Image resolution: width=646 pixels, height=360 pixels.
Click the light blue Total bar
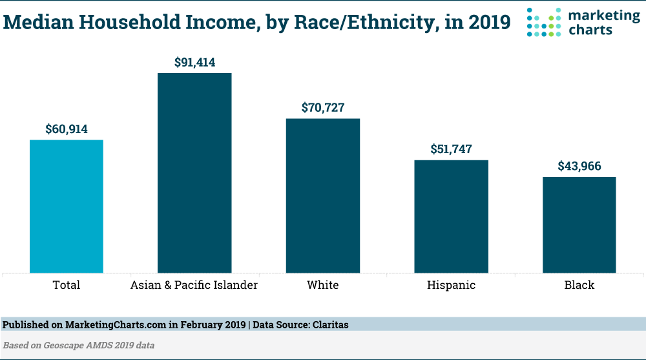point(67,206)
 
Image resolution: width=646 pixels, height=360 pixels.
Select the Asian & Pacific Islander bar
point(194,173)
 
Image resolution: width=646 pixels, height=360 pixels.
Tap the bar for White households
point(323,195)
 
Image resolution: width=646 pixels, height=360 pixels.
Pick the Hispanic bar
point(451,216)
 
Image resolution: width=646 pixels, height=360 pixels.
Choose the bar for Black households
point(579,224)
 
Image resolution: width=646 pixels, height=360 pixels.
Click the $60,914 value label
point(67,129)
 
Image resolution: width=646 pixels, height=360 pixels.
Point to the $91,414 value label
point(194,62)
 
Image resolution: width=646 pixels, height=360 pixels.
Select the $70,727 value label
point(323,107)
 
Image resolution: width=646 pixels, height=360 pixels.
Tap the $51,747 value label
point(451,149)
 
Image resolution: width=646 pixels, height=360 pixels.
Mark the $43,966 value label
point(579,166)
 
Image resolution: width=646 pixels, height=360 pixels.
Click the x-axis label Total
point(66,285)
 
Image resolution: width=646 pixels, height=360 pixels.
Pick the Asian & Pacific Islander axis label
point(194,285)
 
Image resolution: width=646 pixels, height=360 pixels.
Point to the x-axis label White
point(323,285)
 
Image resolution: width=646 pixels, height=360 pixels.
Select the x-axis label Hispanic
point(451,285)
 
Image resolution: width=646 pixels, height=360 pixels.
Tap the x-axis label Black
point(579,285)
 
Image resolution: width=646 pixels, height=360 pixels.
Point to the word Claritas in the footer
point(328,325)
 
